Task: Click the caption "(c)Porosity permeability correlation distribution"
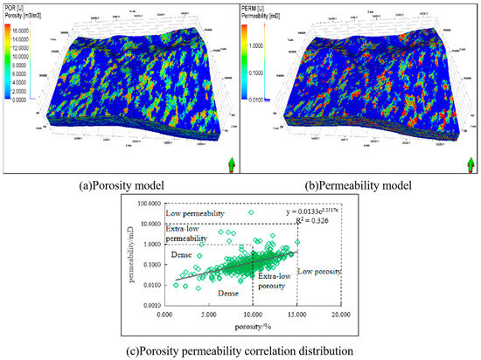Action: pyautogui.click(x=240, y=350)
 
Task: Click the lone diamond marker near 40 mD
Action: pyautogui.click(x=251, y=212)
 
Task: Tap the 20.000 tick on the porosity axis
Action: pyautogui.click(x=340, y=312)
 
